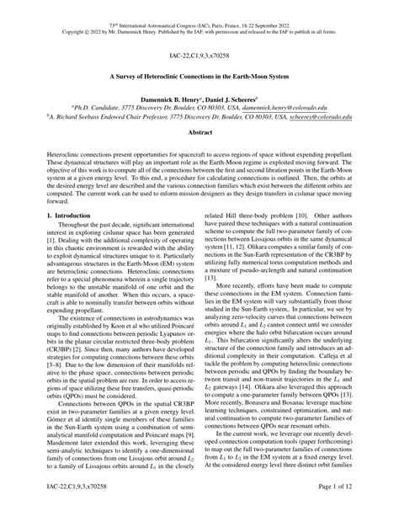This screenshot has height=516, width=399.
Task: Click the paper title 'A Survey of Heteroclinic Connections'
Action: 199,75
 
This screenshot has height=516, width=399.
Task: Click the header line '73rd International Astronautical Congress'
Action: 199,5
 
